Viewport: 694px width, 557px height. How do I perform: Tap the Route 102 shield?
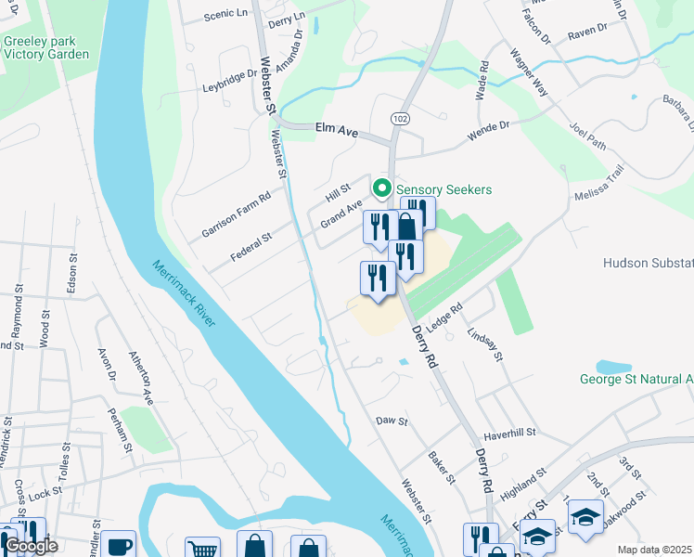click(x=400, y=119)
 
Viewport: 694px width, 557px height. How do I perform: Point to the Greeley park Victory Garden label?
click(x=46, y=47)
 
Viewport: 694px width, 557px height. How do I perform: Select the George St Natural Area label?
click(x=636, y=379)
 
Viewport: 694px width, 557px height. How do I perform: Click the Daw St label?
click(x=392, y=421)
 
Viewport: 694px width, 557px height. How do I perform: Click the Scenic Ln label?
click(x=225, y=14)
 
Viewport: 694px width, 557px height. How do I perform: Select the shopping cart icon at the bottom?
click(x=202, y=548)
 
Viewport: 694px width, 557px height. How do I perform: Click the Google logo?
click(x=32, y=546)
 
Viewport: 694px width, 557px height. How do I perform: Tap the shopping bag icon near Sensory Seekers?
click(x=407, y=226)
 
